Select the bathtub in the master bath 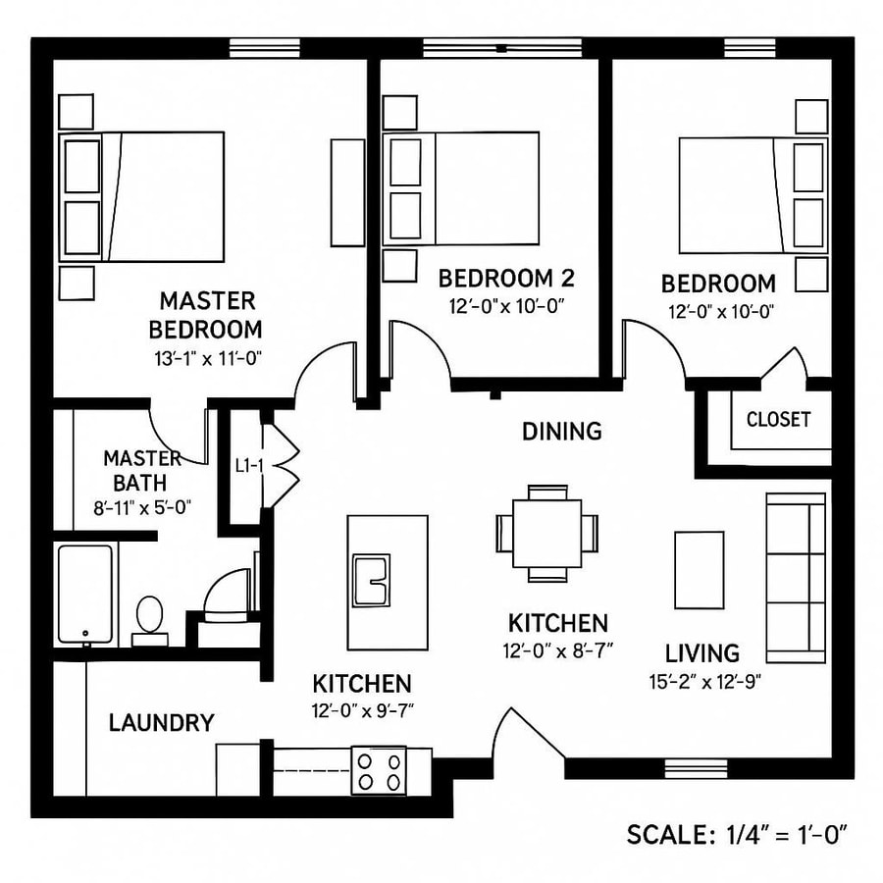[85, 594]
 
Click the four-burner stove [379, 769]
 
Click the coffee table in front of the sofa [699, 570]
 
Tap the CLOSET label [778, 420]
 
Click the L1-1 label [248, 466]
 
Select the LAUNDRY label [161, 724]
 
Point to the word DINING [561, 431]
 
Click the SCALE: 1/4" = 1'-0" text [736, 835]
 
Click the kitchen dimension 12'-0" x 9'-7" [361, 712]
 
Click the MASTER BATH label [142, 470]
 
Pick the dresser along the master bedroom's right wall [347, 191]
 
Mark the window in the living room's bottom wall [696, 766]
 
